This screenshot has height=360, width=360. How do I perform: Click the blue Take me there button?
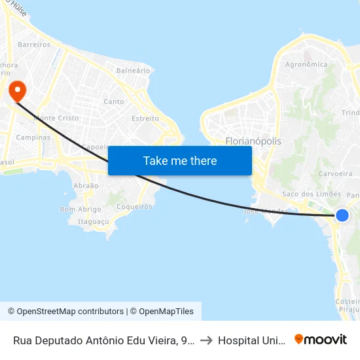(x=180, y=160)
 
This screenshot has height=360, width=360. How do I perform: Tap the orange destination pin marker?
(x=14, y=90)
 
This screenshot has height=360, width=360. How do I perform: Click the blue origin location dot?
(x=342, y=215)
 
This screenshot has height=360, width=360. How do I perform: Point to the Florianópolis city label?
(x=253, y=141)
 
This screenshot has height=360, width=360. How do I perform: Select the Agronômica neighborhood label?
(x=306, y=65)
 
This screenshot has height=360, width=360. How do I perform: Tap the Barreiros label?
(x=35, y=45)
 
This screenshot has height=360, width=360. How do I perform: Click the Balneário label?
(x=133, y=70)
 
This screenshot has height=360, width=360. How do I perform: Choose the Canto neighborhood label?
(x=114, y=101)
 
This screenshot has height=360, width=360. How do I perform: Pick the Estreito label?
(x=145, y=118)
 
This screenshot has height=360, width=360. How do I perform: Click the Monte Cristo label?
(x=56, y=118)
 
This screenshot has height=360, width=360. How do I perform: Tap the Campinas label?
(x=33, y=137)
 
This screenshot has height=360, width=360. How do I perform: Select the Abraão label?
(x=86, y=186)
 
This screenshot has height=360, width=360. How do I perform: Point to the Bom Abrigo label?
(x=81, y=209)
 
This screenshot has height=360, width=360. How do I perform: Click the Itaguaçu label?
(x=94, y=222)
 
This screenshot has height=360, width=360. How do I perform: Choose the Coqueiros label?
(x=134, y=207)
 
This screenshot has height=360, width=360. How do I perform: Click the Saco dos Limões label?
(x=312, y=194)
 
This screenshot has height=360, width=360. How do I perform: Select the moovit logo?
(x=321, y=340)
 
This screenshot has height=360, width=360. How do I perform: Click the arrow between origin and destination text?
(x=206, y=340)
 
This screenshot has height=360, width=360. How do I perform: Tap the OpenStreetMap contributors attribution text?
(x=65, y=312)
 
